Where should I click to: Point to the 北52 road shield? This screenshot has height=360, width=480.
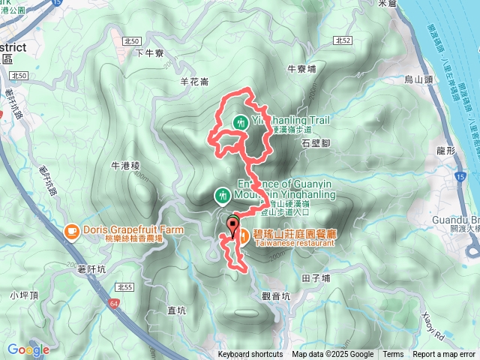pos(343,40)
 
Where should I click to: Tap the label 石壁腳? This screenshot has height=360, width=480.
pos(315,142)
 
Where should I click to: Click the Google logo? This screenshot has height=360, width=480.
pos(28,349)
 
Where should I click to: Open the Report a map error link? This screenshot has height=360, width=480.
pos(444,355)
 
